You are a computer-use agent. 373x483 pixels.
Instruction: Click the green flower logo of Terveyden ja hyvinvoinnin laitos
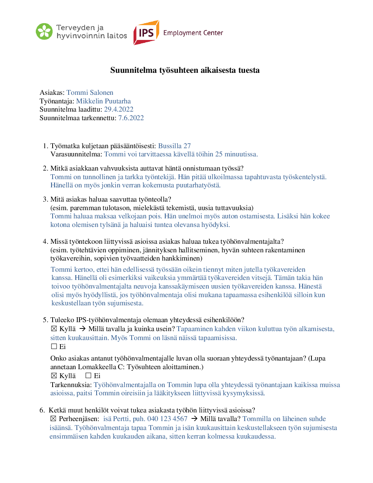(x=44, y=31)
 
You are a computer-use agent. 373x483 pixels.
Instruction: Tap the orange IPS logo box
(x=146, y=33)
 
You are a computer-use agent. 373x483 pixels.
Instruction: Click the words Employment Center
(x=193, y=33)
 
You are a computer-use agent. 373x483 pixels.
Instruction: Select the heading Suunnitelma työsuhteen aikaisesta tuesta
(x=185, y=70)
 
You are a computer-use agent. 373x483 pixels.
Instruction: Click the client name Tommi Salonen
(x=90, y=93)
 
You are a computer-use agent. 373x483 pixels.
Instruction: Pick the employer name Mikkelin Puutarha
(x=103, y=101)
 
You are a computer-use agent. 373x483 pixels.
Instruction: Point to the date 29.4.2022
(x=119, y=109)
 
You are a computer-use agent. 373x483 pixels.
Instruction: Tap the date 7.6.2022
(x=131, y=118)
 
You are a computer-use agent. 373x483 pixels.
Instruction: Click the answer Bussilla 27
(x=174, y=146)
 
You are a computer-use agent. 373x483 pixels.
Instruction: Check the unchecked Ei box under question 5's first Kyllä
(x=54, y=346)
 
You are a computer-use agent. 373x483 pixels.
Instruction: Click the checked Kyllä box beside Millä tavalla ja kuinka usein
(x=54, y=328)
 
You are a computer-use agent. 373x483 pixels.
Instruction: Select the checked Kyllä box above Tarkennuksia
(x=54, y=376)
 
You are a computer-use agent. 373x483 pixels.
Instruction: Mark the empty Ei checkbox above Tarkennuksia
(x=88, y=376)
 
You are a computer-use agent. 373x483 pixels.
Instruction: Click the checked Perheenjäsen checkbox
(x=53, y=419)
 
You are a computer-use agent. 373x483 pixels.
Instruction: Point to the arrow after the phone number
(x=194, y=419)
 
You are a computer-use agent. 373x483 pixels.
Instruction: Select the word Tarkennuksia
(x=70, y=385)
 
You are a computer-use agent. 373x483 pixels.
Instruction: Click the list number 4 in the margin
(x=45, y=242)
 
